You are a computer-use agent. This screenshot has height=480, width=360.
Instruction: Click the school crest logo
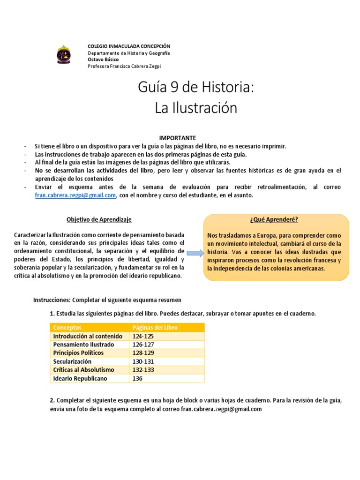pos(65,55)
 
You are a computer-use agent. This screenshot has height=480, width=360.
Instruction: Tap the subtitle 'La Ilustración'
pos(196,108)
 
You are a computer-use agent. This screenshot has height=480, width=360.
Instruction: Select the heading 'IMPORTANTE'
pos(177,138)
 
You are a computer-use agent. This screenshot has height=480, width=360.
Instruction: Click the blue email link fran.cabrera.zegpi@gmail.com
pos(75,196)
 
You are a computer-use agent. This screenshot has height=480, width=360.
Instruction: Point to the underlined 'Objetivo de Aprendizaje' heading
pos(99,219)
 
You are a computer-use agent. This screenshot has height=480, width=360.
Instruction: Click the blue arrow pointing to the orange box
pos(193,253)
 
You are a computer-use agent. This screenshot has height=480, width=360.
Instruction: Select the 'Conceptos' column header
pos(67,328)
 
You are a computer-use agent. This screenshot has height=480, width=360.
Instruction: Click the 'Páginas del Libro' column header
pos(155,328)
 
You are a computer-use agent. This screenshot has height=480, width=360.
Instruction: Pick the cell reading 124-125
pos(143,336)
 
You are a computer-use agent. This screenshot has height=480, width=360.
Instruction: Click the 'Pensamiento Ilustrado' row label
pos(80,345)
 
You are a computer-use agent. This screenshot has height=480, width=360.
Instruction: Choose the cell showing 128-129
pos(143,353)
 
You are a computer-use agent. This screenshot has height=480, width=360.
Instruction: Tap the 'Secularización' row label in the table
pos(72,361)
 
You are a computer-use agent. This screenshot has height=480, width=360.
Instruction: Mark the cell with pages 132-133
pos(143,370)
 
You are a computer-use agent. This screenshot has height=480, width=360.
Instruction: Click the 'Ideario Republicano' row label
pos(80,378)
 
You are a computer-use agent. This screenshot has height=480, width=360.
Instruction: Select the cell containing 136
pos(138,378)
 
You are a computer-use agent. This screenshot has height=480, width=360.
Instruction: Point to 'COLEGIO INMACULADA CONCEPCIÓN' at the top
pos(129,46)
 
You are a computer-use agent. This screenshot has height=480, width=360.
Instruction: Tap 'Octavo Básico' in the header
pos(103,60)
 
